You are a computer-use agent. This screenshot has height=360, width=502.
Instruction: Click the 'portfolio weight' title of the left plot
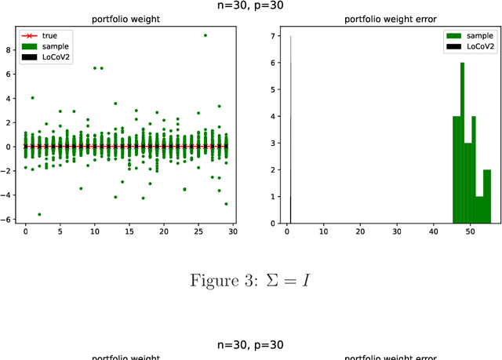pyautogui.click(x=126, y=20)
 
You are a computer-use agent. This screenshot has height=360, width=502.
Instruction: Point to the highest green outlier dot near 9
pyautogui.click(x=206, y=35)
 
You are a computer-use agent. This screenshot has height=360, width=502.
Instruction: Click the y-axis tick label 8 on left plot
pyautogui.click(x=11, y=49)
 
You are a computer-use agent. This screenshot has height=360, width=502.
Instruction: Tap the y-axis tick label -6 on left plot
pyautogui.click(x=9, y=220)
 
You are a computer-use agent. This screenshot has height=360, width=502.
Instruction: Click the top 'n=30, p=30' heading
pyautogui.click(x=251, y=5)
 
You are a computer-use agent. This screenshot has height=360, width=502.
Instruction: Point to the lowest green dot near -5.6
pyautogui.click(x=39, y=214)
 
